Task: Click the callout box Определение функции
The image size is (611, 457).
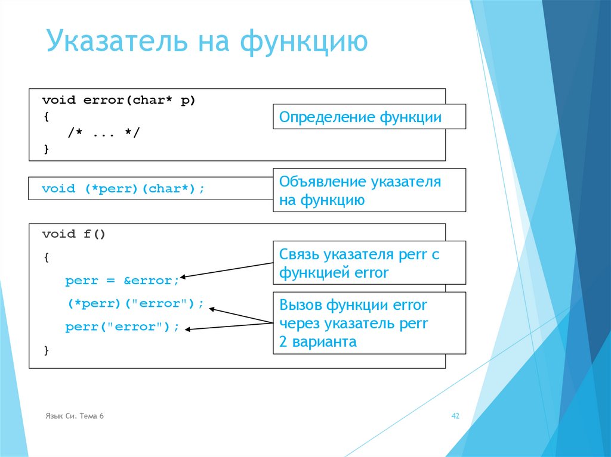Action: [x=369, y=117]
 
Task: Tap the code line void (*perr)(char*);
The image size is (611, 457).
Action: [x=123, y=189]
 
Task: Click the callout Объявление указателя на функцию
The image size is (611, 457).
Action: [x=369, y=191]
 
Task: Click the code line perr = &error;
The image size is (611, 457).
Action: [x=122, y=281]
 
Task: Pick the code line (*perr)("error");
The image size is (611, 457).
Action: [x=135, y=304]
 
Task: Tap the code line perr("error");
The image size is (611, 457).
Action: [x=122, y=327]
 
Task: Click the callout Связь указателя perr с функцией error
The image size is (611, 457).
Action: [x=369, y=264]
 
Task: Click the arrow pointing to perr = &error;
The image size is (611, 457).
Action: [x=227, y=270]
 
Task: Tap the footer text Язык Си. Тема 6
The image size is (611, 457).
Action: [x=75, y=416]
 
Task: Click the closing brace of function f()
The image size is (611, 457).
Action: [x=47, y=350]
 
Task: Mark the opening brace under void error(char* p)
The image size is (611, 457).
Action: [x=47, y=117]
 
